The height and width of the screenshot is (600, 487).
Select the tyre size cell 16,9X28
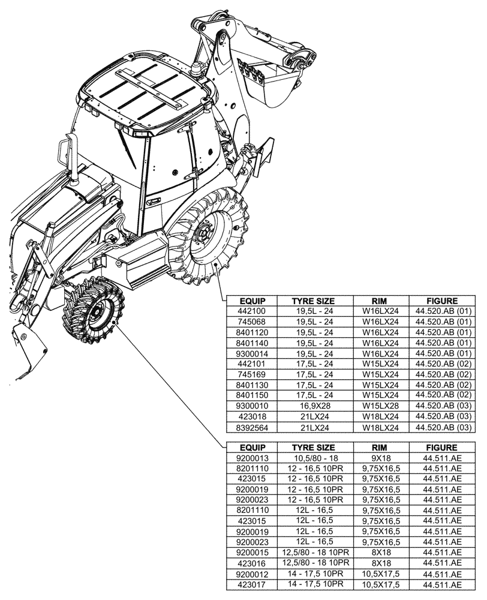[312, 405]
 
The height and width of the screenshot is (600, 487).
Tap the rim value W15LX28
[381, 405]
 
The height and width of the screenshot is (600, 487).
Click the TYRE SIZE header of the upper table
[312, 301]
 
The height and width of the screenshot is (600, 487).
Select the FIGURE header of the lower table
[441, 448]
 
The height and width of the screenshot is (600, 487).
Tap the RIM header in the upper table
[381, 301]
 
